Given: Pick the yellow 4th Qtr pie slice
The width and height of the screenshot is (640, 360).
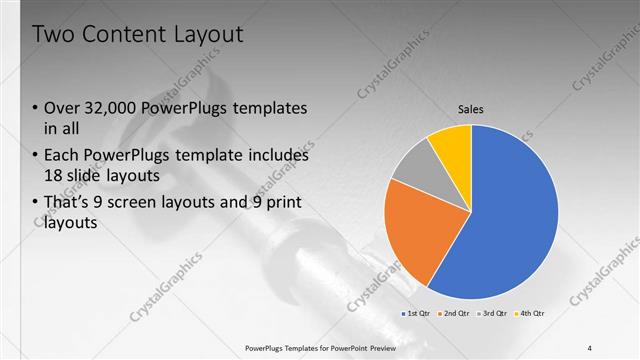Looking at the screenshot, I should pyautogui.click(x=453, y=145).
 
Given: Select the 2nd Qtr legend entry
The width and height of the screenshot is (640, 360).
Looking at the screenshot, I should pyautogui.click(x=457, y=314).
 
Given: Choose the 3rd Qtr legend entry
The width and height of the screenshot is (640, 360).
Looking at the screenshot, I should pyautogui.click(x=495, y=314).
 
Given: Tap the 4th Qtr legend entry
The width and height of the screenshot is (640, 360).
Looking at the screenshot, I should pyautogui.click(x=532, y=314).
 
